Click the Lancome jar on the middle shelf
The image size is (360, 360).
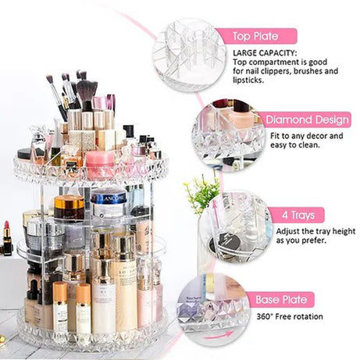(109, 201)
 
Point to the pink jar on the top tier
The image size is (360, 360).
(100, 164)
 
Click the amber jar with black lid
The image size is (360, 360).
(69, 208)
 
